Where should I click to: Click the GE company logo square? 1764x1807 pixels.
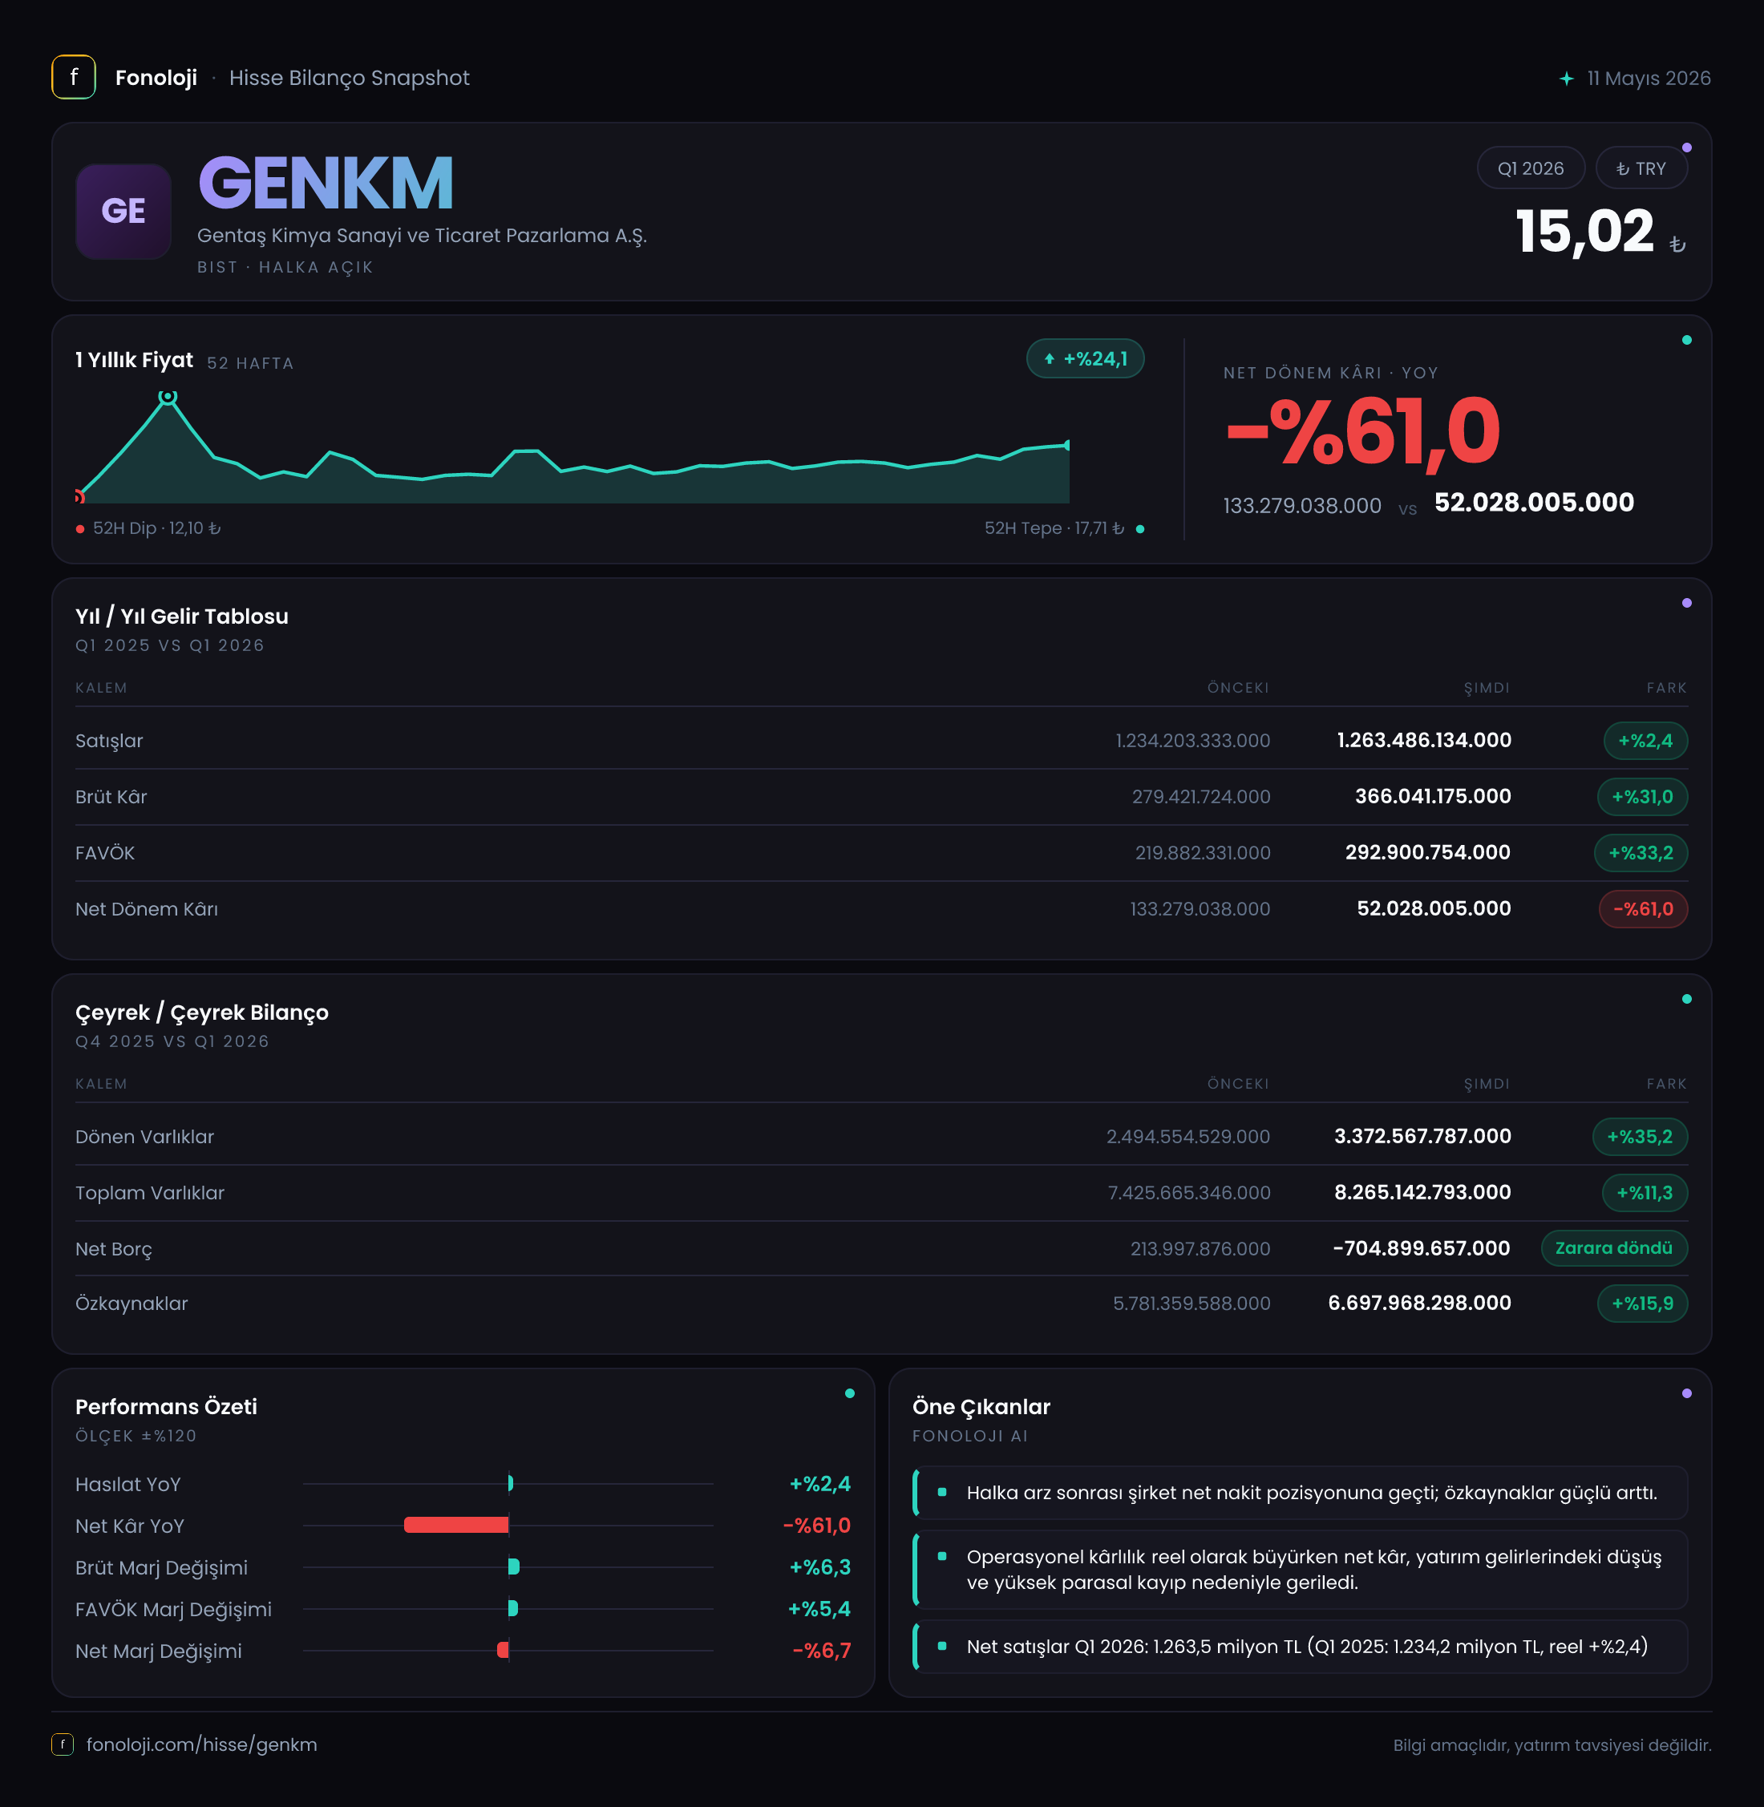point(123,211)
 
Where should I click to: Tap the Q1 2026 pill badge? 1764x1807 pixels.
point(1530,168)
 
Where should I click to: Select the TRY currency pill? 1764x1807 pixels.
point(1641,168)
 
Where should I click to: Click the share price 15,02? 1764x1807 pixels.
point(1584,232)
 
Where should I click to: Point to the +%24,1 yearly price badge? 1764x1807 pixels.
point(1085,358)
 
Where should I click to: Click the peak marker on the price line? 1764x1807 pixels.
point(168,396)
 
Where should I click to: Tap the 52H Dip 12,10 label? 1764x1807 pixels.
point(156,528)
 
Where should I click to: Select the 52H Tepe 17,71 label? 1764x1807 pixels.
point(1054,528)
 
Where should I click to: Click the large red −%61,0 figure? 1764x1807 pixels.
point(1362,431)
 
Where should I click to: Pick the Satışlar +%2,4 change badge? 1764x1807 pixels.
point(1645,741)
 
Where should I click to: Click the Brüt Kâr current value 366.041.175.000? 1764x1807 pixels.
point(1432,797)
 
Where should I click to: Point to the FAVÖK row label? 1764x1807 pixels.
point(105,853)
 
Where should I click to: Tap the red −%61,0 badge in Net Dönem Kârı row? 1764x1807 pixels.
point(1643,908)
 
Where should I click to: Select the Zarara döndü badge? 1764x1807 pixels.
point(1614,1247)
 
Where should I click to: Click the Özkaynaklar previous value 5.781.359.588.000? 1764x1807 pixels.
point(1192,1304)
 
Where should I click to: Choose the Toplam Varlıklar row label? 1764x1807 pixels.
point(150,1193)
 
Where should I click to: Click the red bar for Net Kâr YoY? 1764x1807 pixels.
point(455,1525)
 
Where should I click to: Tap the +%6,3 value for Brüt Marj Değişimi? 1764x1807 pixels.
point(820,1567)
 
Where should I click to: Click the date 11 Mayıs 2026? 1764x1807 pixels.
point(1649,78)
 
